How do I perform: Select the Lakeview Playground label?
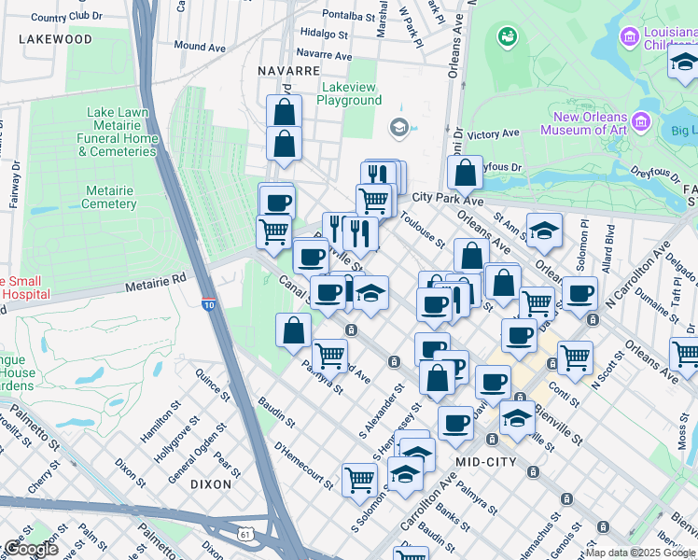(351, 93)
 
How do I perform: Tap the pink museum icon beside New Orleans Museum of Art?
(641, 121)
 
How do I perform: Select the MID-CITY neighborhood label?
(486, 462)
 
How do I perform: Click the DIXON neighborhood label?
(210, 484)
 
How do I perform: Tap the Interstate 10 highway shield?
(210, 303)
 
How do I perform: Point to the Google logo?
(31, 549)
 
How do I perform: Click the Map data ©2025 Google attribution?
(640, 553)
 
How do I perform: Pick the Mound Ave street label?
(200, 46)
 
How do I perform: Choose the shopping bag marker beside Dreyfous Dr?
(464, 174)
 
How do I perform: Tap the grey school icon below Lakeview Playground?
(399, 127)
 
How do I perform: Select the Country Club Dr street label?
(66, 17)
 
